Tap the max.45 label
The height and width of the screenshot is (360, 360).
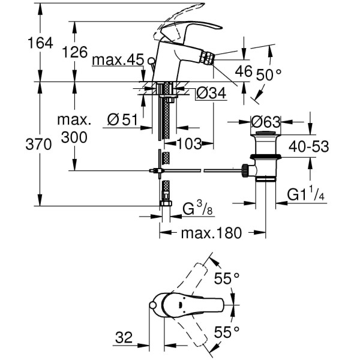118,59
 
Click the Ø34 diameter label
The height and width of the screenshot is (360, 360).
209,92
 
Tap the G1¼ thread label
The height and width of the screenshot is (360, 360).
306,195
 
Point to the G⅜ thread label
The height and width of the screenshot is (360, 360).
196,209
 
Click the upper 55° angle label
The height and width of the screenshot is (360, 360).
227,278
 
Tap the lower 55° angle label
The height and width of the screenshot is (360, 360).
227,331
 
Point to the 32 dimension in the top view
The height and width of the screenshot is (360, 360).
125,338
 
